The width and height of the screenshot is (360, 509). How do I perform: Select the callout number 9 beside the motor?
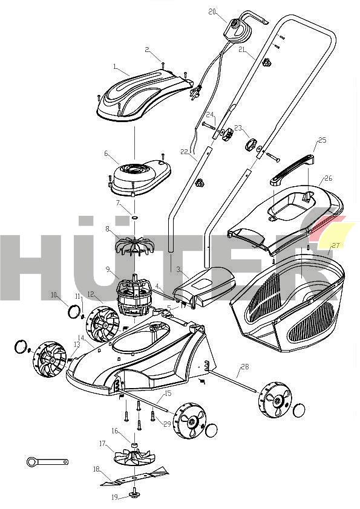(107, 269)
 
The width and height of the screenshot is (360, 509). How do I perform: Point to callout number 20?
(212, 11)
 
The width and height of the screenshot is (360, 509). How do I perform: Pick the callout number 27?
(335, 245)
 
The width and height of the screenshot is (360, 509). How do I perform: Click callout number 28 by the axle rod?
(244, 366)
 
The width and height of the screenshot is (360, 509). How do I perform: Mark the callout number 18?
(96, 469)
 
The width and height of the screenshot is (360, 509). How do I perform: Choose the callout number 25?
(322, 140)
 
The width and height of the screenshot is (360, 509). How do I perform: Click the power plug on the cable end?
(195, 94)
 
